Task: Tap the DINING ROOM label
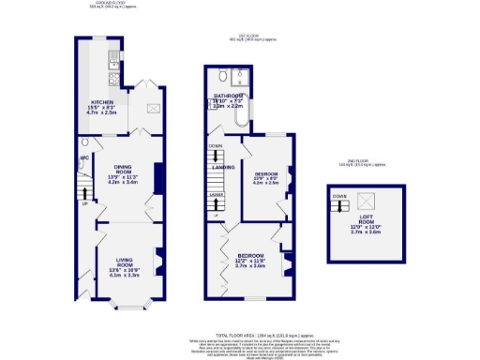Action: coord(117,170)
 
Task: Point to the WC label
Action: coord(83,158)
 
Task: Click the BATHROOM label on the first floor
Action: coord(228,97)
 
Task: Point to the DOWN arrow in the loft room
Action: coord(339,197)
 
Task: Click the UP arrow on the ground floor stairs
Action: coord(85,202)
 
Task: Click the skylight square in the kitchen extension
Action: coord(151,108)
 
